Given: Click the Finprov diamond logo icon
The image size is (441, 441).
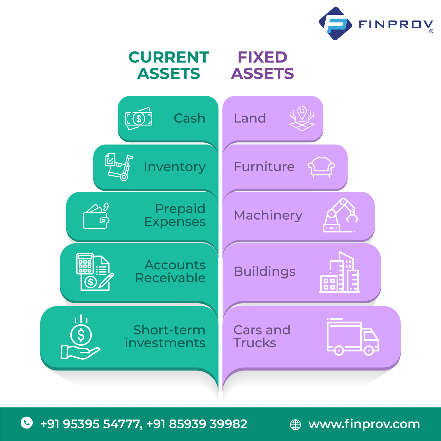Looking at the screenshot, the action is coord(335,24).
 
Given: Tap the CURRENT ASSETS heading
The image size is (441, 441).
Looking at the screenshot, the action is coord(169,65).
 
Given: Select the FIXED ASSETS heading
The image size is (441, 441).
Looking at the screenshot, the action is coord(262,65).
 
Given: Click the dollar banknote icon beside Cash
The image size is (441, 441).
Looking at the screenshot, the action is coord(139,119).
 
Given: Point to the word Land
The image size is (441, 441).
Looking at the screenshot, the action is coord(250,118).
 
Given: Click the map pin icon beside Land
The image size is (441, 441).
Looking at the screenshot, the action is coord(302,119).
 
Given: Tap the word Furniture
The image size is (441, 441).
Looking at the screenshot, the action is coord(264,166).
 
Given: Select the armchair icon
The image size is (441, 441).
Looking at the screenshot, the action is coord(321,167).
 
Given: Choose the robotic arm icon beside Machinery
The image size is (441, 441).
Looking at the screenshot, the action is coord(340,215).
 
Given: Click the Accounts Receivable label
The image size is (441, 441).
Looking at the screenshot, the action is coord(170,271).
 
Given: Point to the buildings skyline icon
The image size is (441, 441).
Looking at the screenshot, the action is coord(339,272).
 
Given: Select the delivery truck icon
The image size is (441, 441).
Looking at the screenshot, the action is coord(353,337).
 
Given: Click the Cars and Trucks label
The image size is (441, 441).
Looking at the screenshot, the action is coord(262,336).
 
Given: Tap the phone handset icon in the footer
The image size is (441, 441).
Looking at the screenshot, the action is coord(27,423).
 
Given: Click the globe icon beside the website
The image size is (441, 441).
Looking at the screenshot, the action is coord(295,425).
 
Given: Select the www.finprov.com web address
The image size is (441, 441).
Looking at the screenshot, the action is coord(364,424).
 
